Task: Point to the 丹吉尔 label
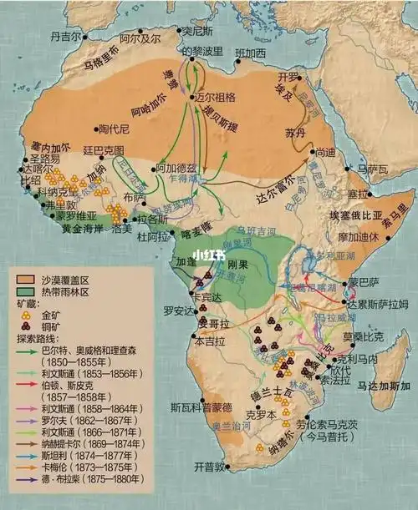(x=68, y=37)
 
